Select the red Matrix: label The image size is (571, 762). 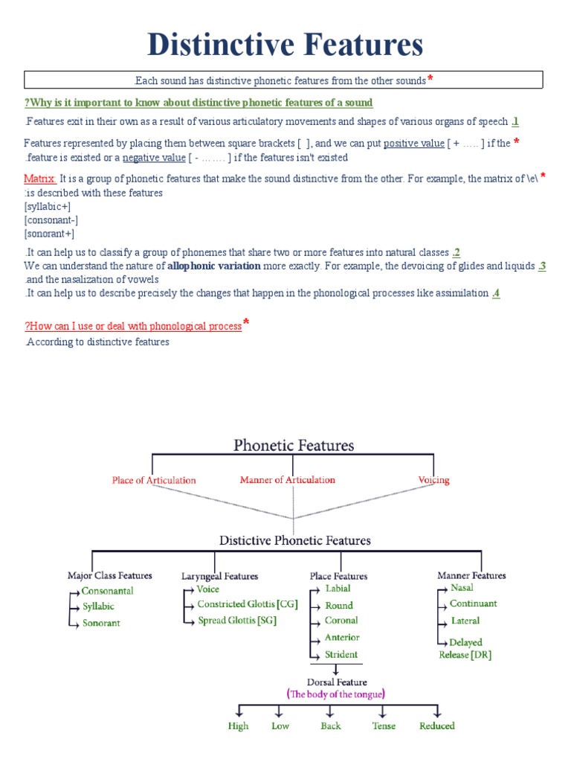click(x=40, y=179)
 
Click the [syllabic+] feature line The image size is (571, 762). click(x=47, y=206)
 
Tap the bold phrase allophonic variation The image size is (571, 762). click(x=214, y=266)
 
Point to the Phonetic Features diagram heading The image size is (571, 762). click(x=294, y=446)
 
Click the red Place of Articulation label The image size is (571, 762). click(x=154, y=480)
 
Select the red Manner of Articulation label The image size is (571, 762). click(x=287, y=480)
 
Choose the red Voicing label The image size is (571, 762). click(x=433, y=480)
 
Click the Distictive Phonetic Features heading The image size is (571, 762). click(x=294, y=540)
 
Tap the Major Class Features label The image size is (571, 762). click(x=110, y=575)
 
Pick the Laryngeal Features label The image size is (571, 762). click(x=220, y=576)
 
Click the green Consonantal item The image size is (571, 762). click(x=108, y=591)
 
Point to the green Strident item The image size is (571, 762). click(x=341, y=655)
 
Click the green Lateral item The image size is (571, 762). click(x=465, y=621)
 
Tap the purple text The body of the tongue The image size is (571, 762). click(x=336, y=694)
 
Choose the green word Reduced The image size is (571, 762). click(x=437, y=726)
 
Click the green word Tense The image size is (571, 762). click(x=384, y=726)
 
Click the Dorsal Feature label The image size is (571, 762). click(x=337, y=682)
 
